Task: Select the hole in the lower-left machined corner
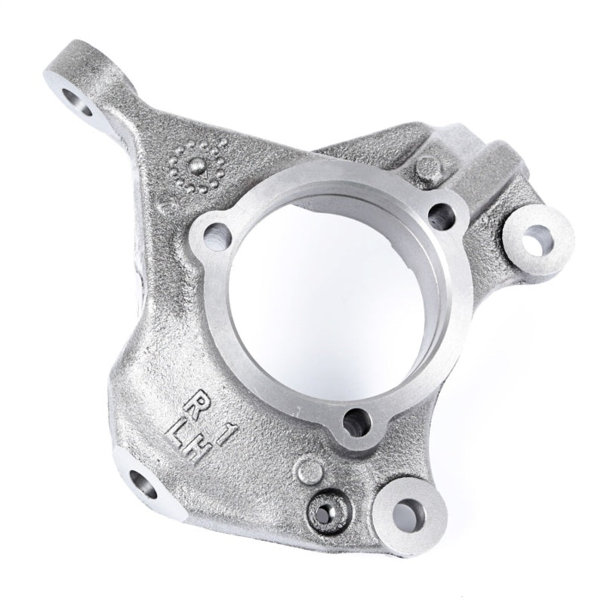point(143,484)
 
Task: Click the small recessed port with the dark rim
point(325,513)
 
